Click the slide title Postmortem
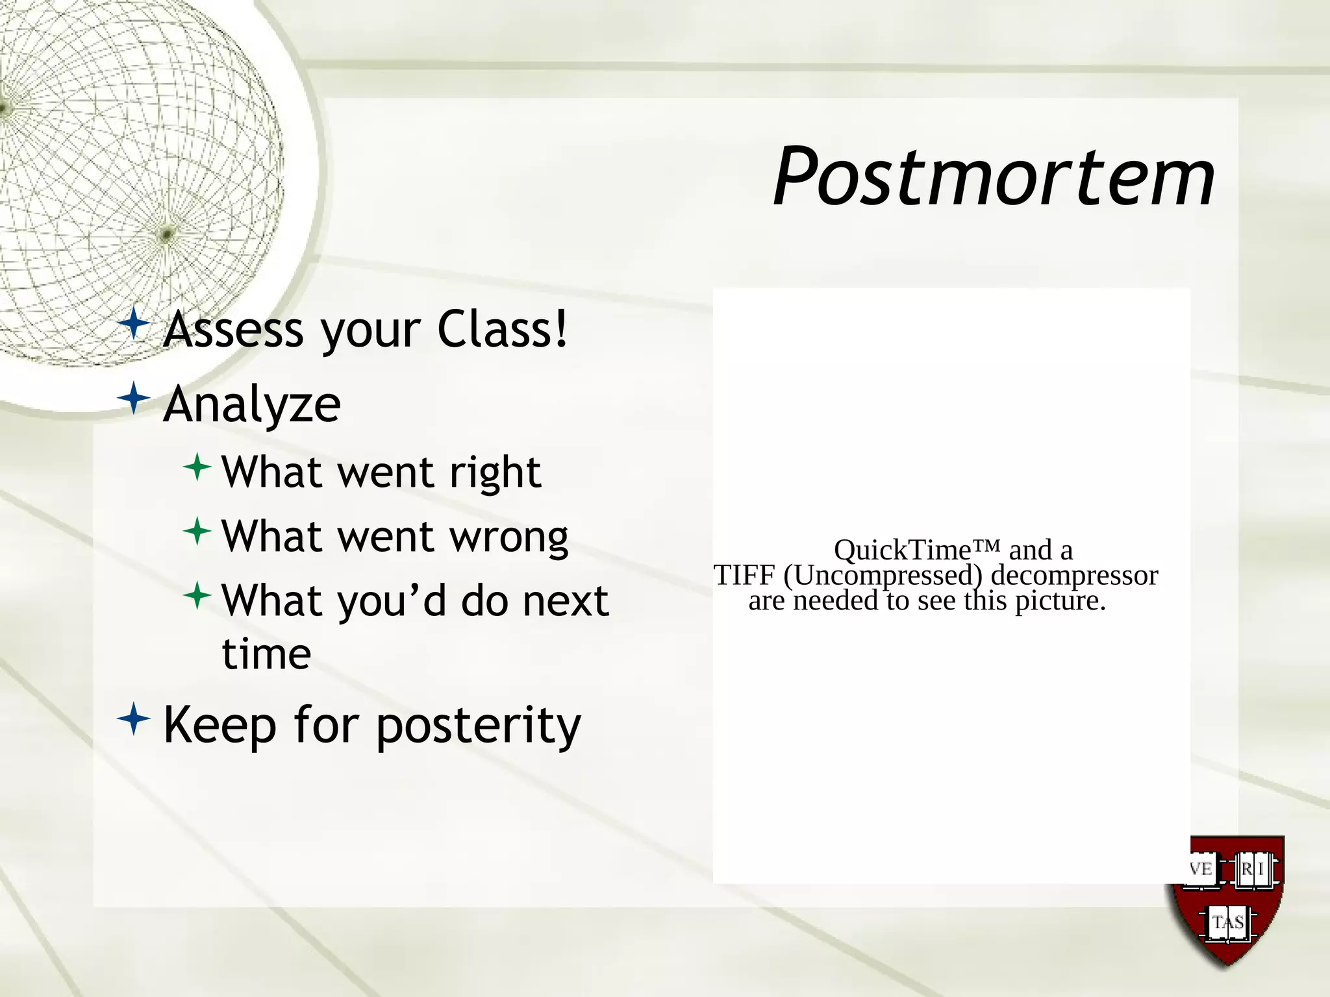[x=994, y=177]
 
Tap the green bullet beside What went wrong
[x=197, y=532]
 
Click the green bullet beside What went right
[x=197, y=467]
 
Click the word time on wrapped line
[x=266, y=654]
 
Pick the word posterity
[x=479, y=726]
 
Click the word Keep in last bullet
[x=220, y=726]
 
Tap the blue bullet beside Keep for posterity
[x=134, y=719]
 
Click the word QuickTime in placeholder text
[x=903, y=550]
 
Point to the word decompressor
[x=1074, y=576]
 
